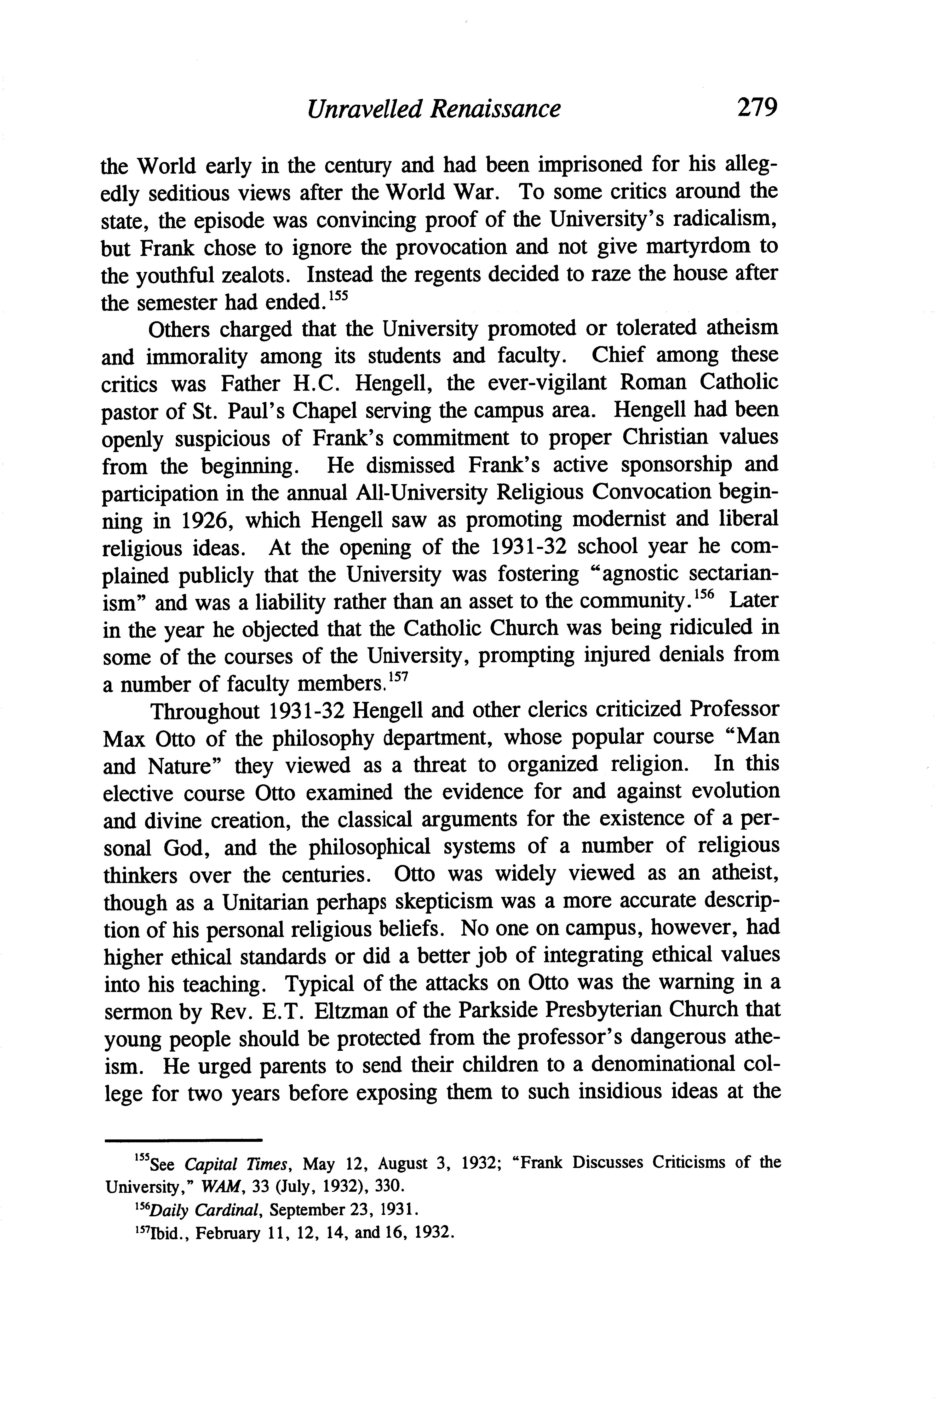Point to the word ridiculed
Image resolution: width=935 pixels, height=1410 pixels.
(x=692, y=628)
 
